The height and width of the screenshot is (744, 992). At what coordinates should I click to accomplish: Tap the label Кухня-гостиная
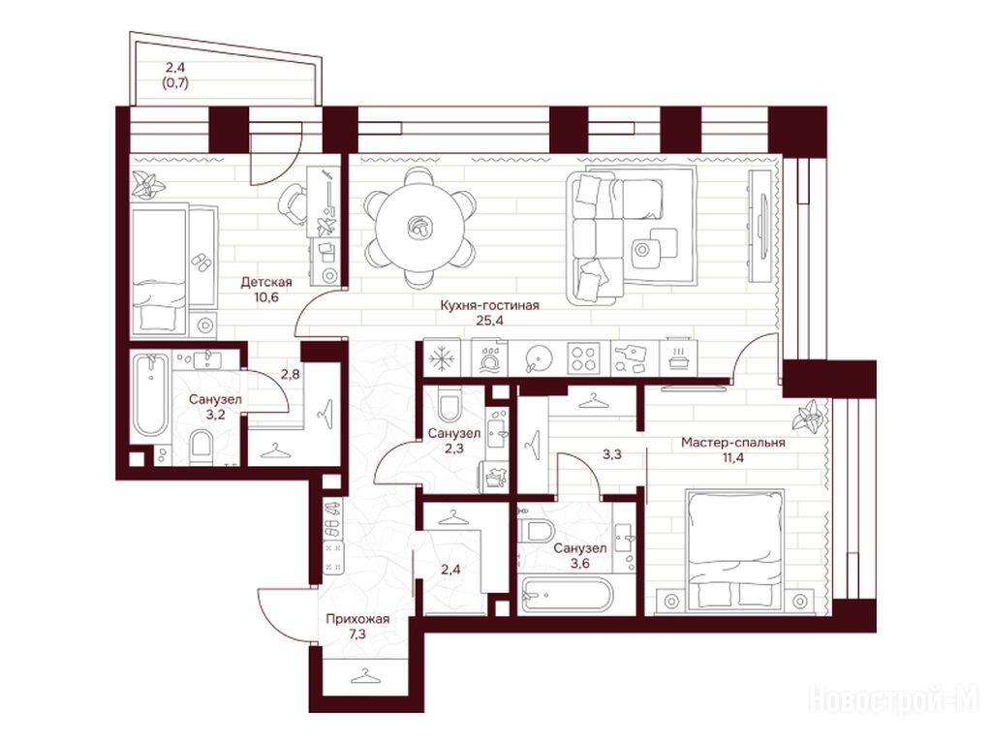489,305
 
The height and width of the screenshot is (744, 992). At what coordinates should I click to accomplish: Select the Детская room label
266,282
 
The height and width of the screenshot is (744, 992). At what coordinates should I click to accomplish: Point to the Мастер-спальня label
733,443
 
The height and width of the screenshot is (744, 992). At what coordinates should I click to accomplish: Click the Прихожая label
357,619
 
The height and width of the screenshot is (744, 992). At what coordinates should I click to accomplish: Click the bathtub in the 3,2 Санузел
150,396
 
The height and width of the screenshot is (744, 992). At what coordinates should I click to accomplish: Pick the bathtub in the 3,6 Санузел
566,596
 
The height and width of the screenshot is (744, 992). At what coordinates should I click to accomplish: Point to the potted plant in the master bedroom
809,418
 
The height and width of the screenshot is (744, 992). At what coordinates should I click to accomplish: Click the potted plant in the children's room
148,185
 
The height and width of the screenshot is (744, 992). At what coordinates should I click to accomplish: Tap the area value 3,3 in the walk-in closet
611,453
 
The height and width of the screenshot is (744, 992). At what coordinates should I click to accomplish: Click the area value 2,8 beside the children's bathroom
291,374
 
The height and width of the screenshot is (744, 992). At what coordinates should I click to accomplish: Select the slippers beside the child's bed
201,262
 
